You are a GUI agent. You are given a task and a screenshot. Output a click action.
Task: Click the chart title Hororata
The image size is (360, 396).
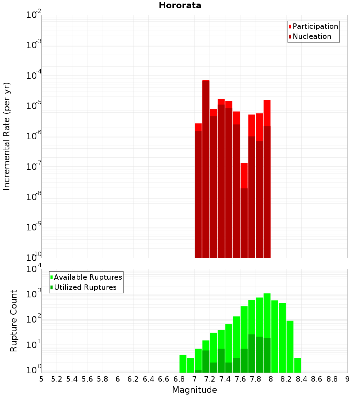180,5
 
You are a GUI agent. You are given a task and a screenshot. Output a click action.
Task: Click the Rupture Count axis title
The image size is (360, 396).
14,320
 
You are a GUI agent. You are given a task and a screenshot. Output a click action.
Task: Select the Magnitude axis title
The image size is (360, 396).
194,390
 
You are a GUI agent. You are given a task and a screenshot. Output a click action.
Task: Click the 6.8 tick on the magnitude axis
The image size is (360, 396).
179,379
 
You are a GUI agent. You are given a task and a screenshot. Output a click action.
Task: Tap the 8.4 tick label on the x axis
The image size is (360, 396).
301,379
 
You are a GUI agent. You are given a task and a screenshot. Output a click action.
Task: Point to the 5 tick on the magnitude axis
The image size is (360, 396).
41,379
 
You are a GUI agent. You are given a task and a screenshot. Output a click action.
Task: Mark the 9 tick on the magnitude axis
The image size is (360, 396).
347,379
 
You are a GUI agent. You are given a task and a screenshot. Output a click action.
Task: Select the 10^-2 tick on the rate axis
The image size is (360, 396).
34,15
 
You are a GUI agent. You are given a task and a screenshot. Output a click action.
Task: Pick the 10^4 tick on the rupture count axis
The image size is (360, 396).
34,269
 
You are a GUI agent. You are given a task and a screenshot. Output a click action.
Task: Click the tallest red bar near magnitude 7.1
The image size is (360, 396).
206,162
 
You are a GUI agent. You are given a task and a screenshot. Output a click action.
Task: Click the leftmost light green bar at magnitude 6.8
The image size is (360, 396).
183,364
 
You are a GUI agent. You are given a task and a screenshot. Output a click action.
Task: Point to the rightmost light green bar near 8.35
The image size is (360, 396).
298,365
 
